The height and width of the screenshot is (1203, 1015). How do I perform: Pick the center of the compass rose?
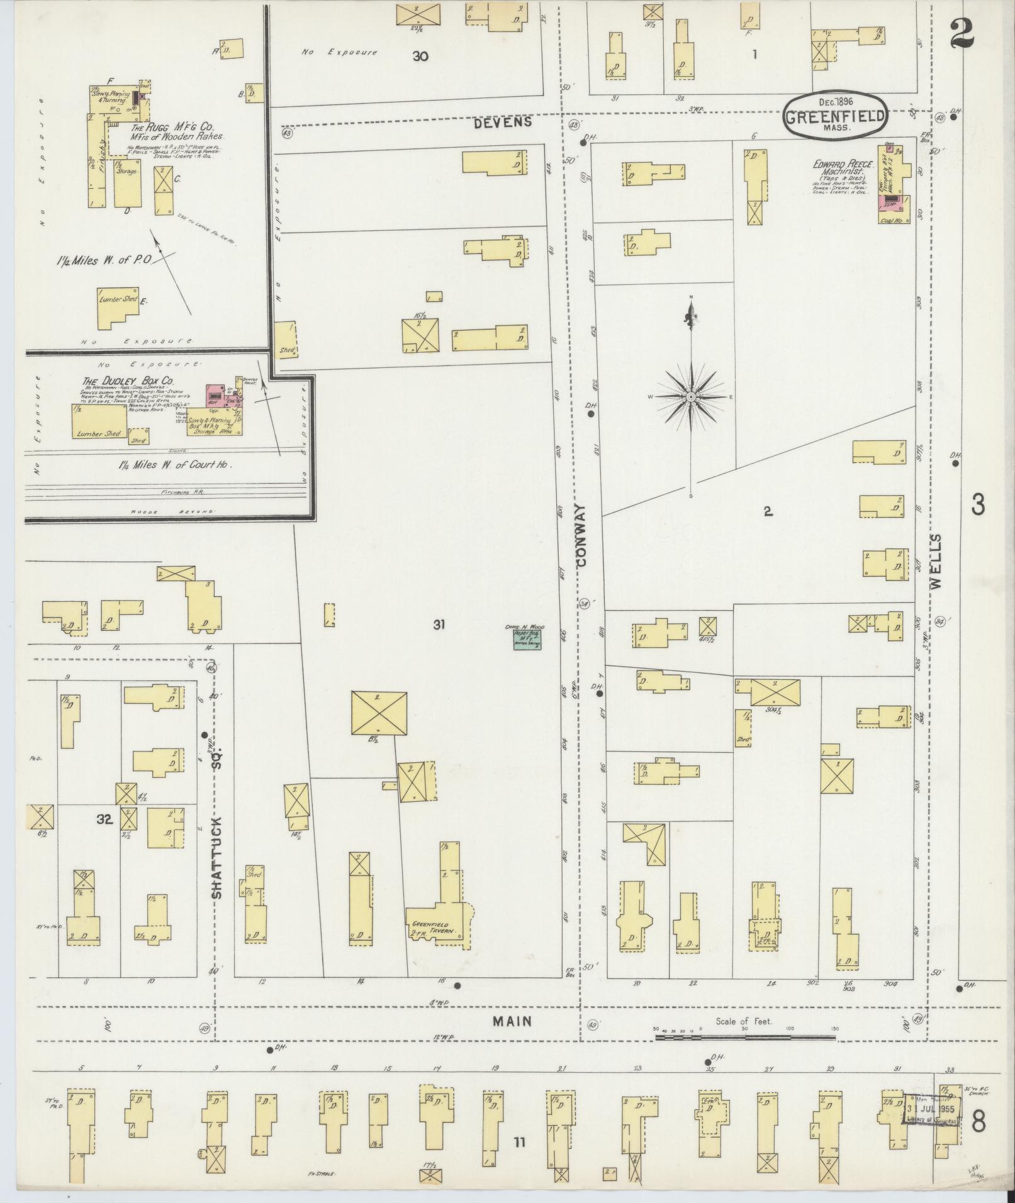[691, 397]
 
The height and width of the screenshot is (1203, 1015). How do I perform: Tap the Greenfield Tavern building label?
[433, 928]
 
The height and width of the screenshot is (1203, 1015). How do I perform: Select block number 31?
[439, 624]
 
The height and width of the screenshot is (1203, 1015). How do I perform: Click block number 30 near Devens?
[420, 56]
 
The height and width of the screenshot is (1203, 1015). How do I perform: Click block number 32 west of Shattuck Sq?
[104, 819]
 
